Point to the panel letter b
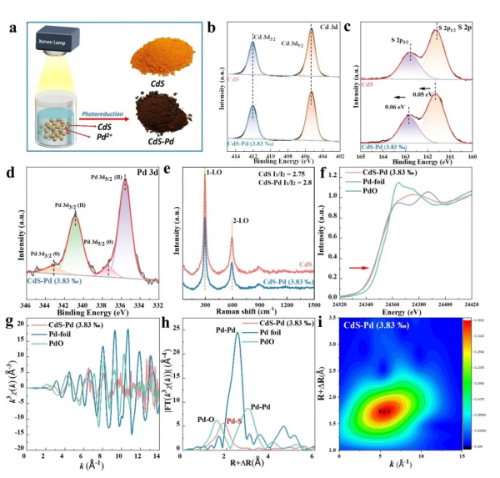click(x=212, y=9)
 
